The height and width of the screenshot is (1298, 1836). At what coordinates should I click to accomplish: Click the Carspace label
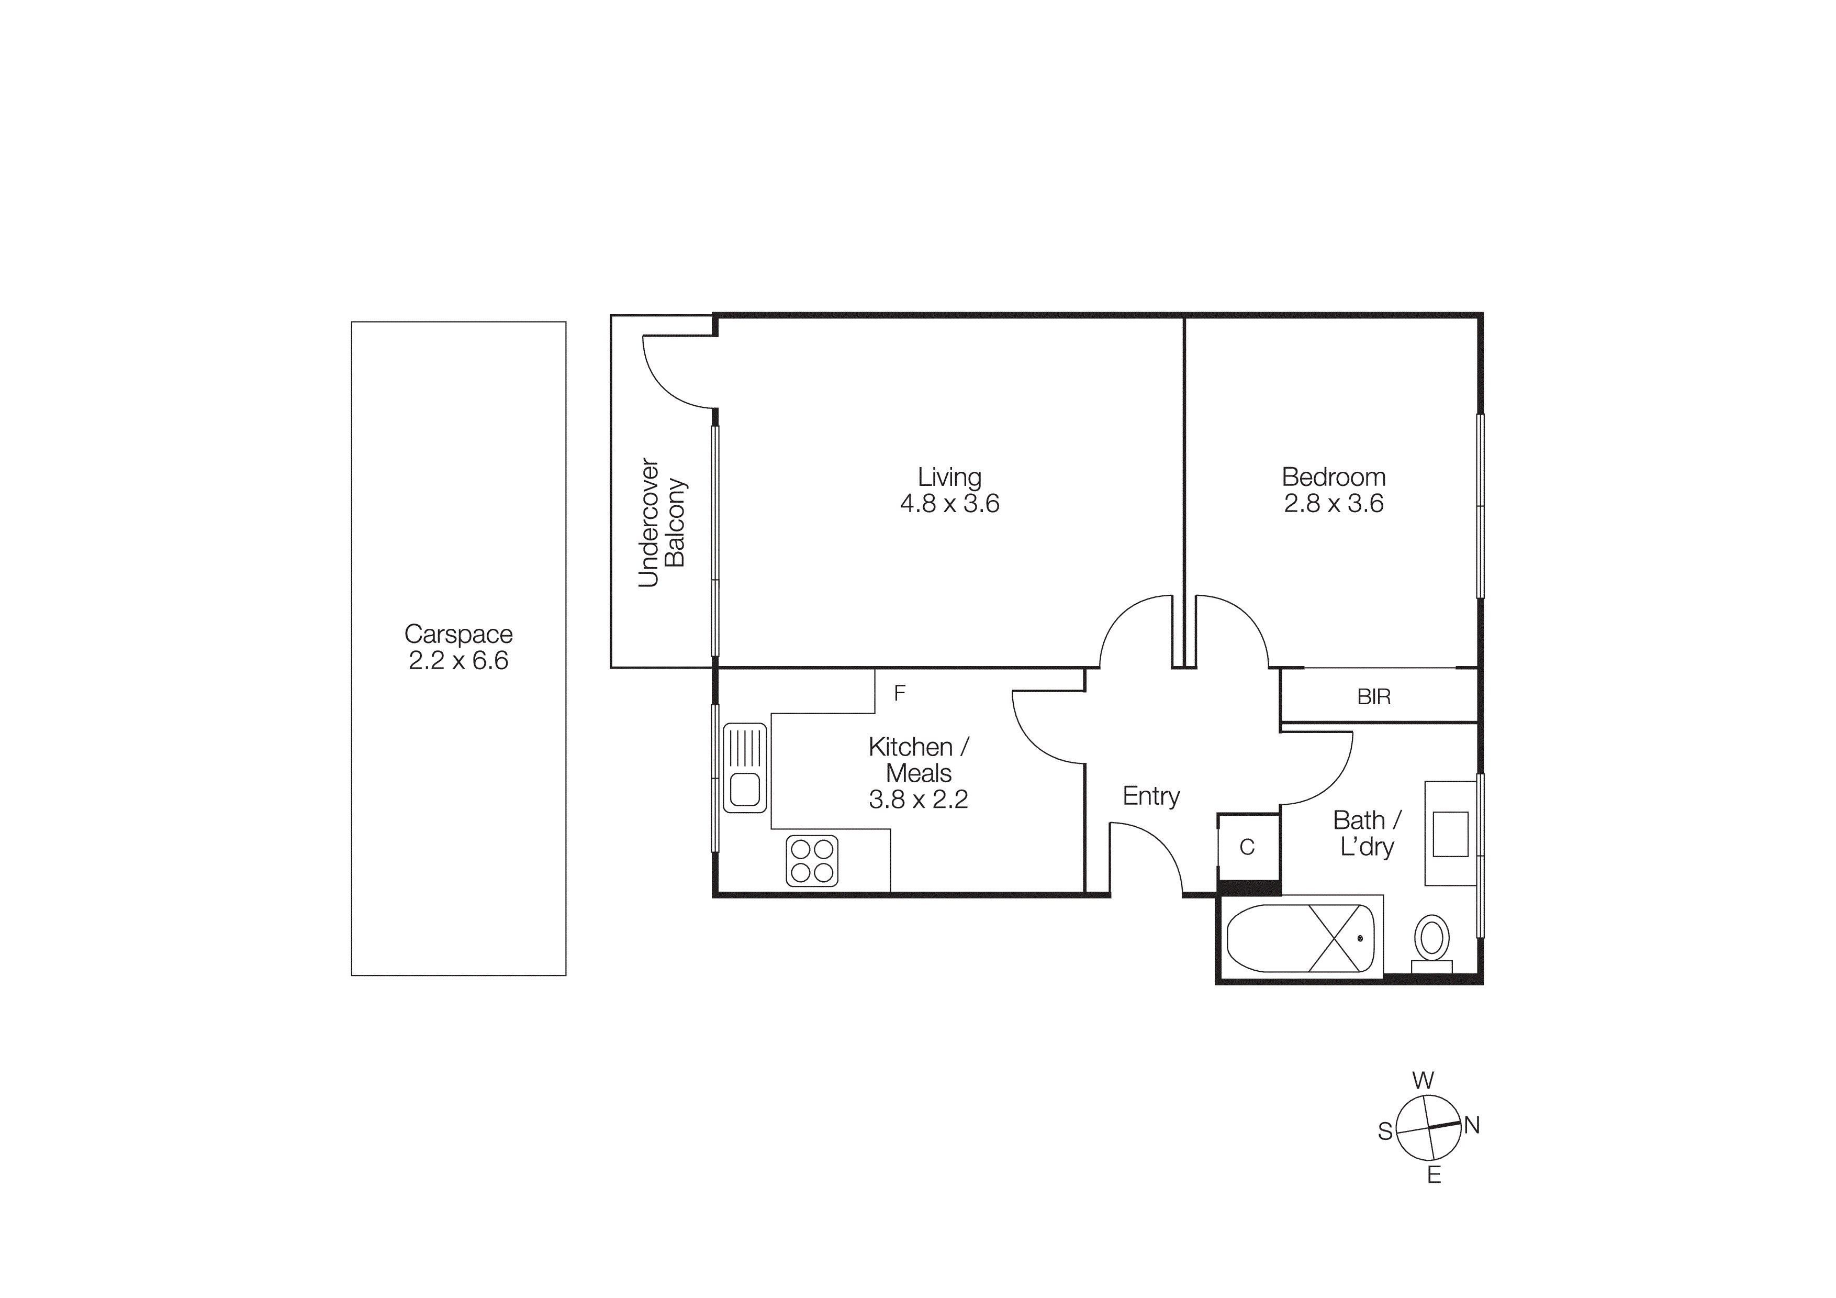458,634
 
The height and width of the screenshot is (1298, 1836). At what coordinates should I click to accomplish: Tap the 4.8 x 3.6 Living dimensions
949,503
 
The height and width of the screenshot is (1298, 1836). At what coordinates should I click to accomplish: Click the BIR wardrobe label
1374,696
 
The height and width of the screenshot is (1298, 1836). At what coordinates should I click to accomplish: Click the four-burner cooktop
812,861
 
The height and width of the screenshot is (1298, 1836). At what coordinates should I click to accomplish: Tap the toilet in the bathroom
1431,939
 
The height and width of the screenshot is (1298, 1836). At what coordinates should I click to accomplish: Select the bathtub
1300,938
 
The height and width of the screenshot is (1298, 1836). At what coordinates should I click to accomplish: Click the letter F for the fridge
900,693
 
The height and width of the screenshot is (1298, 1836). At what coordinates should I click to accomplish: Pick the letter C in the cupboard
1247,848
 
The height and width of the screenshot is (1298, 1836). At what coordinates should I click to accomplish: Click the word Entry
1151,796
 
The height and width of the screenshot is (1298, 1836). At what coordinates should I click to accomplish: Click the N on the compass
1472,1125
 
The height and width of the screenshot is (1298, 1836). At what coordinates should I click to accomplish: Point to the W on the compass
1423,1081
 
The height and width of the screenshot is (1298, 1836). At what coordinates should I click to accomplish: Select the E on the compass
1434,1175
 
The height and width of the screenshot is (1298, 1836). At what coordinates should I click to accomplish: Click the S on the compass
1385,1131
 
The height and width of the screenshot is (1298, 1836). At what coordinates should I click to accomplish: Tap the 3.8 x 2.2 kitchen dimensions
918,799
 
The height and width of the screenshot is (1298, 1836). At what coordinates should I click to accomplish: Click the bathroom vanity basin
1450,834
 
